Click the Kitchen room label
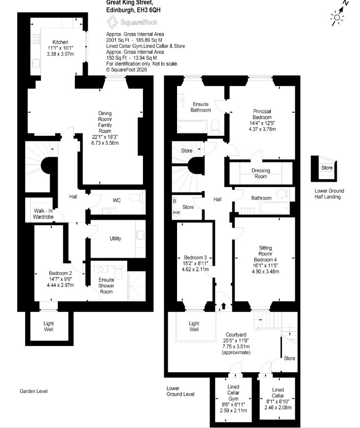click(60, 42)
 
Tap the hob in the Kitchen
click(36, 39)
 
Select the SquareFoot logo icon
click(112, 22)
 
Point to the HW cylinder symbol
click(177, 212)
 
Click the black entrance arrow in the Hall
click(223, 306)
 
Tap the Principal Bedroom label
click(262, 114)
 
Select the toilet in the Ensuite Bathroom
click(215, 126)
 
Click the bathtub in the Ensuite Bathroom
click(192, 127)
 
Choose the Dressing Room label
click(261, 173)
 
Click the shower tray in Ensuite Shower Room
click(137, 286)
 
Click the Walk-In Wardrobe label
click(43, 214)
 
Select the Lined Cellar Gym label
click(233, 392)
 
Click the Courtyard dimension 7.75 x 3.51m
click(236, 347)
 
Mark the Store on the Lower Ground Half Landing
click(327, 168)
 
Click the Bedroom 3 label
click(195, 257)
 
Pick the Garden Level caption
click(34, 391)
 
